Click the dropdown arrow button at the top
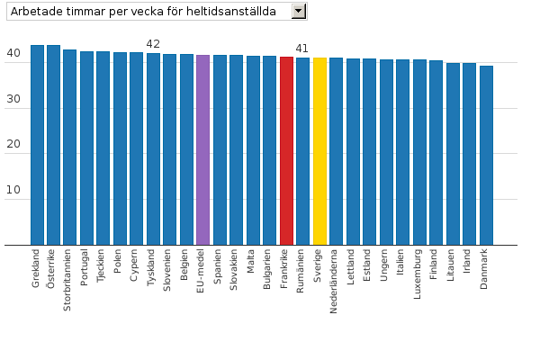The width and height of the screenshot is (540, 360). coord(300,11)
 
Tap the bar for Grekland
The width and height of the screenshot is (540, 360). coord(37,144)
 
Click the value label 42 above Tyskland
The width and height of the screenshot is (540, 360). coord(153,44)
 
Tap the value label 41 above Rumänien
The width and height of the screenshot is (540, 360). coord(302,49)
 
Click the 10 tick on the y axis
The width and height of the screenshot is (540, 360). coord(13,191)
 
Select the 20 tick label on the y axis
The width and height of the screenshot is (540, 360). coord(13,145)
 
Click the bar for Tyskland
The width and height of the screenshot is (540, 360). coord(153,148)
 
